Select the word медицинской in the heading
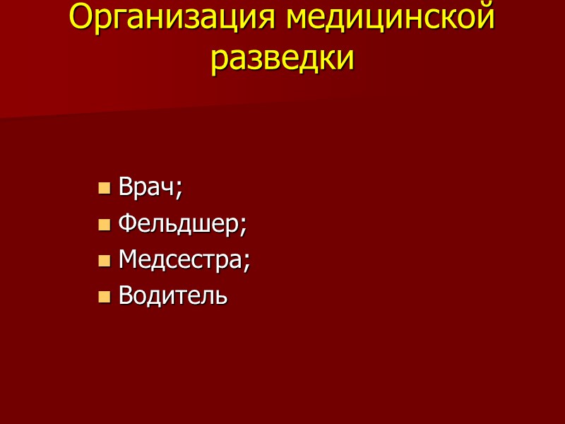pos(391,18)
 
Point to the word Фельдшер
pos(179,224)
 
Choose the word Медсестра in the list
pos(181,259)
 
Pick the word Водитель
pos(173,295)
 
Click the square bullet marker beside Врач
pos(105,189)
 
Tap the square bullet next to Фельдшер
pos(105,225)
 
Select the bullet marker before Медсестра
pos(105,261)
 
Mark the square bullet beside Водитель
pos(105,296)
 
